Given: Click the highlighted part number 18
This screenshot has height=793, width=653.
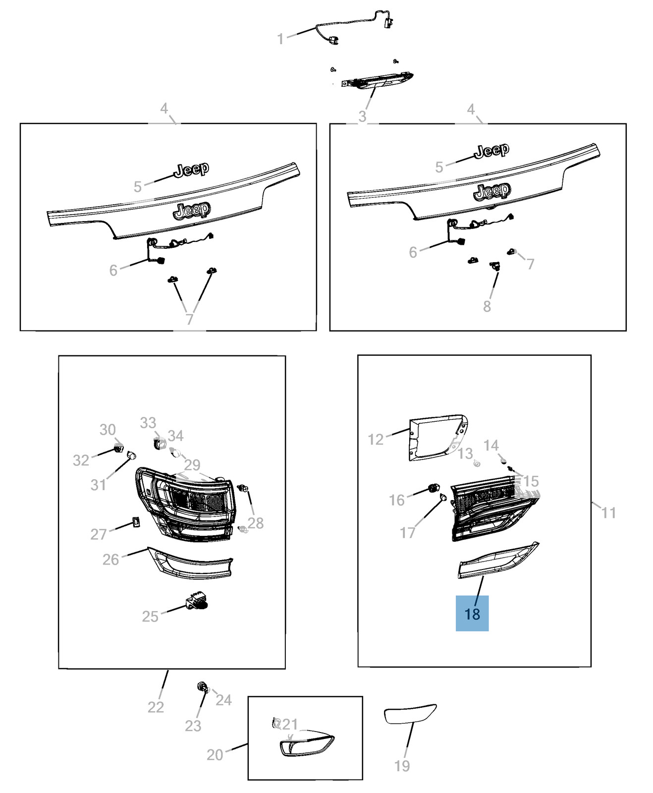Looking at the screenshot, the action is click(x=472, y=614).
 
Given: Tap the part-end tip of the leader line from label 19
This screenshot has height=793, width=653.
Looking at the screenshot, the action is click(x=413, y=722).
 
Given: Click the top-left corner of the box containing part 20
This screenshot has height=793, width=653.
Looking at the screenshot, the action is click(x=248, y=697).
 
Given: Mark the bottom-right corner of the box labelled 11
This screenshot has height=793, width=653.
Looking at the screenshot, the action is click(x=591, y=667).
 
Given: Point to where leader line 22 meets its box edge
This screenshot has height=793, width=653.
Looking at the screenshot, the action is click(x=168, y=669).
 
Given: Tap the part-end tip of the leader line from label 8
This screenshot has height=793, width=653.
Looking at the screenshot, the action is click(x=497, y=272).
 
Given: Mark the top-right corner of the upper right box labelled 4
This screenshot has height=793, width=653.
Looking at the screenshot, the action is click(x=626, y=124).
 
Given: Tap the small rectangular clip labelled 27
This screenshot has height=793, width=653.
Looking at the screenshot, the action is click(x=136, y=521).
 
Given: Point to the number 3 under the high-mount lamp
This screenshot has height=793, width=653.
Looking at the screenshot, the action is click(x=362, y=116).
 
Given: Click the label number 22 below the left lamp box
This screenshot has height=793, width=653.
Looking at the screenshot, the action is click(x=156, y=707).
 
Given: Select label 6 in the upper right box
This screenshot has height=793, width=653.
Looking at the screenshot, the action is click(x=413, y=252).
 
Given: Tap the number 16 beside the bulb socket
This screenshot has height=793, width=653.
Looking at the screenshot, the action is click(x=397, y=500).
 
